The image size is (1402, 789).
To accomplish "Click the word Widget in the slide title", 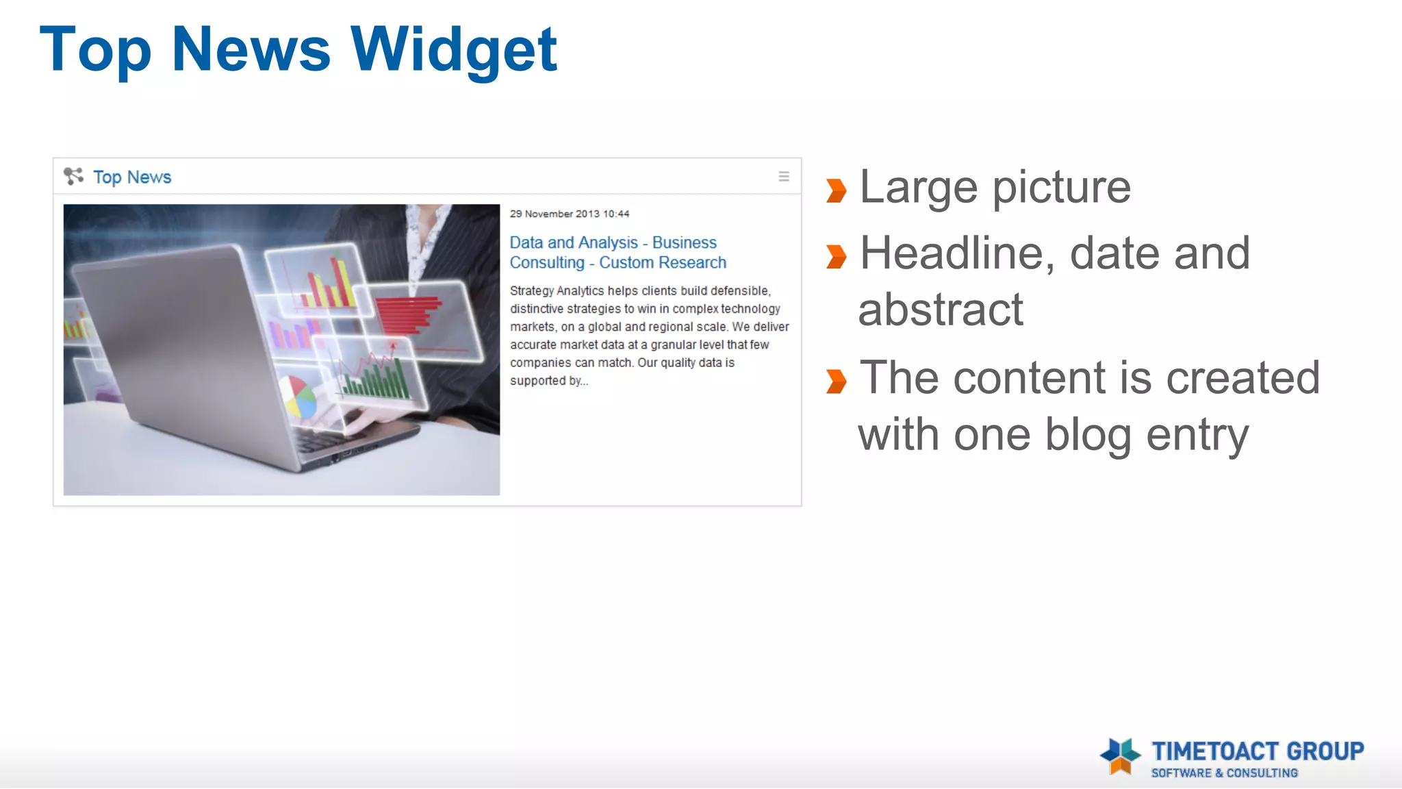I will point(454,49).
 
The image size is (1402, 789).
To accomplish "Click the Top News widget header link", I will point(132,177).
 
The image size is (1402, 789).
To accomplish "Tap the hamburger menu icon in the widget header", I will point(784,177).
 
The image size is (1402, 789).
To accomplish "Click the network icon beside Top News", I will point(73,176).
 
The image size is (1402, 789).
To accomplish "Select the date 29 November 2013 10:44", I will point(569,214).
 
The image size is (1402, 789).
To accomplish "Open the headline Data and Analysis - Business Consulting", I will point(613,243).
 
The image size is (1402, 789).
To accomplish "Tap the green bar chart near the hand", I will point(377,379).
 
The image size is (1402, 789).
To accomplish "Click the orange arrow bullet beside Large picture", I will point(836,191).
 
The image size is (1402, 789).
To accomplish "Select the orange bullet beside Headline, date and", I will point(836,257).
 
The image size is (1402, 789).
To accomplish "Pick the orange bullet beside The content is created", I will point(836,381).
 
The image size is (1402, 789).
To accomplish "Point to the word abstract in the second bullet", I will point(941,310).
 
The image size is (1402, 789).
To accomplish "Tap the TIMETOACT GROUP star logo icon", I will point(1120,756).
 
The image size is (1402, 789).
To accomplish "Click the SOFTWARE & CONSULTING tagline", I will point(1224,773).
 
